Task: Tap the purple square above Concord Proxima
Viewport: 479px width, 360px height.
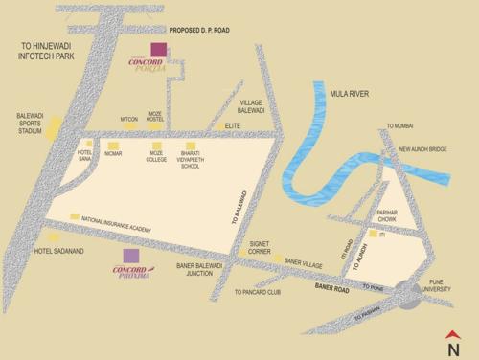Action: [x=131, y=256]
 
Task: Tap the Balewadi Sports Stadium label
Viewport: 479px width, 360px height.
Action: [x=30, y=124]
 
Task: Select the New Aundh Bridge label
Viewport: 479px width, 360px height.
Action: [x=423, y=149]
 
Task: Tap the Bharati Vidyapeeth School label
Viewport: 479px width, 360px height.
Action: [x=192, y=161]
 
